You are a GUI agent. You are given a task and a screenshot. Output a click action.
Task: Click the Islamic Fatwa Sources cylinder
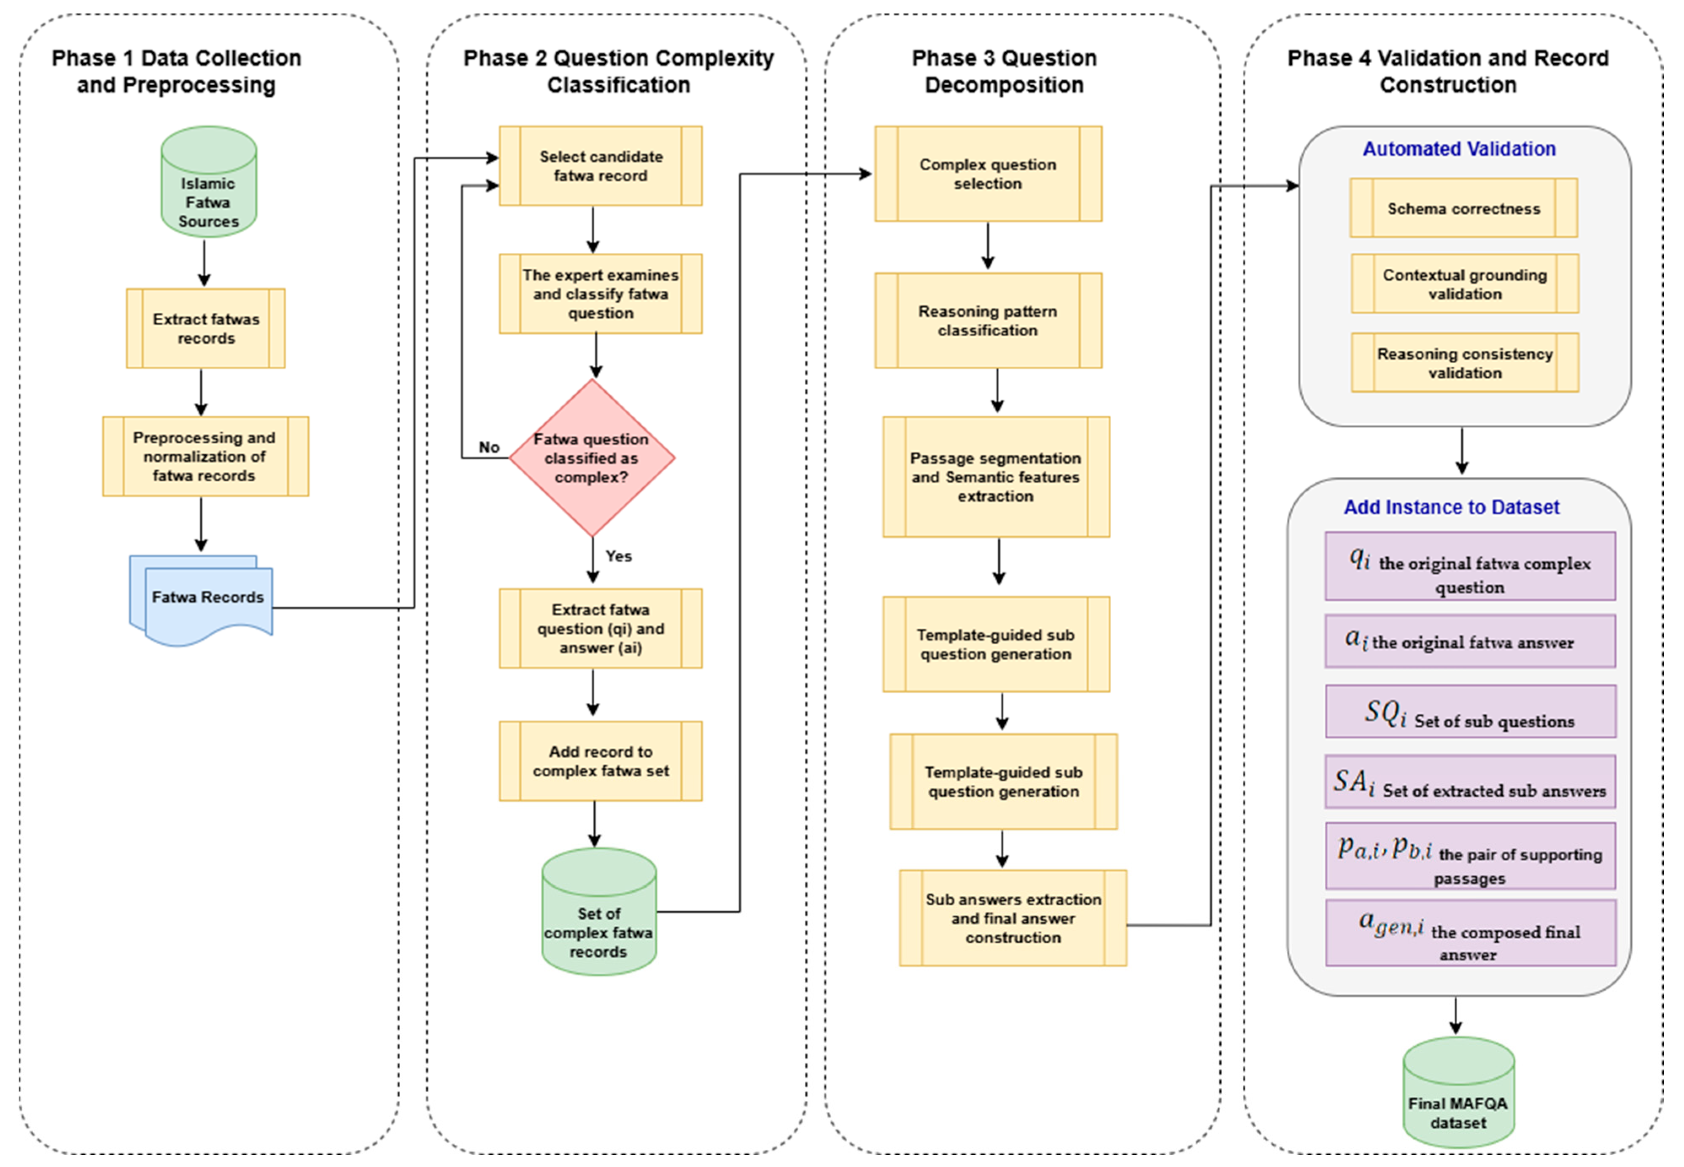[x=208, y=181]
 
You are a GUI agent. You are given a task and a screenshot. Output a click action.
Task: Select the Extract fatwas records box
[x=205, y=328]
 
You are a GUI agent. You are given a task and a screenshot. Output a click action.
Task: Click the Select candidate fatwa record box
[x=600, y=166]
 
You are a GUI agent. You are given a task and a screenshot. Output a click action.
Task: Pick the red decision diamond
[x=591, y=458]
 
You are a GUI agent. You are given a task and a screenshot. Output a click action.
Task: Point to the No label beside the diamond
[x=489, y=447]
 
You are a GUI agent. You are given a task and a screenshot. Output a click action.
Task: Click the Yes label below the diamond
[x=618, y=556]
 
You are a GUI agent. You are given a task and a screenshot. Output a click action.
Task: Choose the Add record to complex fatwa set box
[x=600, y=761]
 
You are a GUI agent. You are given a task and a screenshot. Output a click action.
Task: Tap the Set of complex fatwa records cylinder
[x=598, y=912]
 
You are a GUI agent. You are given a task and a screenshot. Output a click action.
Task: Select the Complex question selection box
[x=988, y=174]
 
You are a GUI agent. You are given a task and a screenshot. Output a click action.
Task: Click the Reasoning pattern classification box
[x=988, y=320]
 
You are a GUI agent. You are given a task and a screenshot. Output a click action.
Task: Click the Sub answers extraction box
[x=1013, y=918]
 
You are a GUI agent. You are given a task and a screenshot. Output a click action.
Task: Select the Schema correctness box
[x=1463, y=208]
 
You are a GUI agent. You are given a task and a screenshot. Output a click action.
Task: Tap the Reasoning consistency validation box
[x=1465, y=363]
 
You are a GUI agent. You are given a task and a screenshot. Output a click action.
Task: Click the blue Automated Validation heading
[x=1459, y=149]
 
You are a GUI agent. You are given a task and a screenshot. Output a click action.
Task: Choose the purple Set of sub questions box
[x=1471, y=711]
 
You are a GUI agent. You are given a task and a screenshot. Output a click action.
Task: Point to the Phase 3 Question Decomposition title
[x=1004, y=71]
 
